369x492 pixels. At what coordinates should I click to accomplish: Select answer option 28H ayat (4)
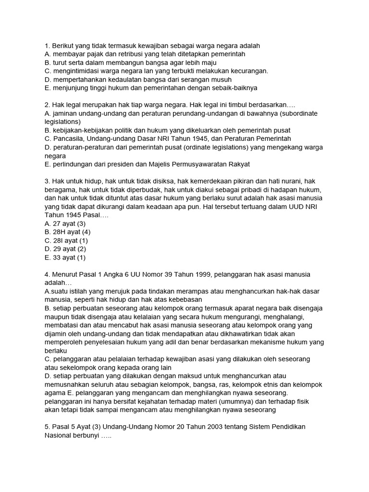tap(67, 232)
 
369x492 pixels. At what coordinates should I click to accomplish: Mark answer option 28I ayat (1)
tap(66, 240)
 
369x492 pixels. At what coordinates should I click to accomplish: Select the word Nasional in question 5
tap(60, 435)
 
